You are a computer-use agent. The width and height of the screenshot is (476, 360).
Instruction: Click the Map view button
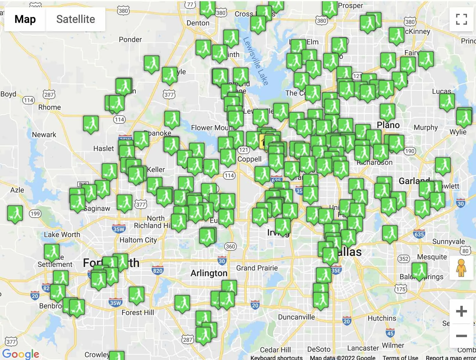(25, 19)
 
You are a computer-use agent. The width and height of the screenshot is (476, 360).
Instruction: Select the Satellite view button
(76, 19)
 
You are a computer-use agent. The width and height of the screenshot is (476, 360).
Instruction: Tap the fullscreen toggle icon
(461, 19)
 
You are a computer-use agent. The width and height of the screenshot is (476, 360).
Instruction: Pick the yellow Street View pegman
(461, 268)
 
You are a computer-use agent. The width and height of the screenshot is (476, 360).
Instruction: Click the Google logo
(21, 354)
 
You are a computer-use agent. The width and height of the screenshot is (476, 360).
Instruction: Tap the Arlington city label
(209, 273)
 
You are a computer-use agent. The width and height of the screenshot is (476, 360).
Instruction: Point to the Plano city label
(388, 125)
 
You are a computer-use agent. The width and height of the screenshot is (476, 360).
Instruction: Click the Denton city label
(198, 23)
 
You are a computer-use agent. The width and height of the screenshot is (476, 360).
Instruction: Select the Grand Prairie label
(257, 268)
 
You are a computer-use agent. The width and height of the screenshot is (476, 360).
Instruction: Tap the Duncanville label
(296, 317)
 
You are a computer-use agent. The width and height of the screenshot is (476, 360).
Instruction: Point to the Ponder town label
(130, 39)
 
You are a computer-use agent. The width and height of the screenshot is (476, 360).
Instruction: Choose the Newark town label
(44, 135)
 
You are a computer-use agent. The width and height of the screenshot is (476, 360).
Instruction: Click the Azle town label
(17, 190)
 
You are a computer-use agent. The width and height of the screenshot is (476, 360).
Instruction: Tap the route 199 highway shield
(35, 214)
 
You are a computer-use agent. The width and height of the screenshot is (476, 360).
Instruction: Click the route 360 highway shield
(230, 247)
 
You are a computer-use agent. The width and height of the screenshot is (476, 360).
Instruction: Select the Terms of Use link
(400, 357)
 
